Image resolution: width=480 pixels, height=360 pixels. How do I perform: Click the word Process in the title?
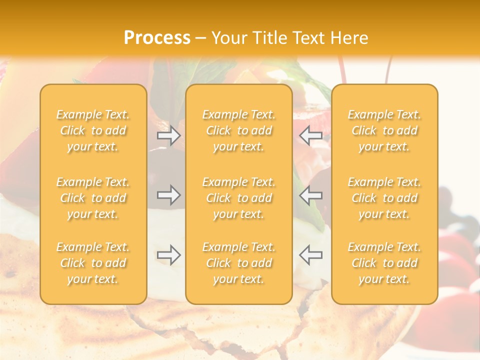pos(157,38)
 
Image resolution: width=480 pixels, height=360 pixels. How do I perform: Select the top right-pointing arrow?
pos(169,135)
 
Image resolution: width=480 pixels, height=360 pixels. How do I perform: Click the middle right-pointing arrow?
pos(169,194)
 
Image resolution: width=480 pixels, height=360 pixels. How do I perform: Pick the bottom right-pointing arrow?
pos(169,255)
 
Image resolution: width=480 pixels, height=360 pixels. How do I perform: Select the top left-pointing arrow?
pos(310,135)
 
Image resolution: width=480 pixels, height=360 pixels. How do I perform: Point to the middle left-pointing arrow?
pos(310,194)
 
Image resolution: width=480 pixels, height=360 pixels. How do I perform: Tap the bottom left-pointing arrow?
pos(310,255)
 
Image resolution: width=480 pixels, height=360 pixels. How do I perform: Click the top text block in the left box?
pos(93,130)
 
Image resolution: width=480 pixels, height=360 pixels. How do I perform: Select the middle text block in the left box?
pos(93,198)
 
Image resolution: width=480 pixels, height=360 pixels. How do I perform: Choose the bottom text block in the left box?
pos(93,263)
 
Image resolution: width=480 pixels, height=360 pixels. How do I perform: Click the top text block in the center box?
pos(239,130)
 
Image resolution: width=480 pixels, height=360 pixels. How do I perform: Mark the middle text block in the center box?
pos(239,198)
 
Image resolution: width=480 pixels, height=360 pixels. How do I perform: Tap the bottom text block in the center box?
pos(239,263)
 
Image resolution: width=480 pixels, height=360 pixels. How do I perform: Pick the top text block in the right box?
pos(384,130)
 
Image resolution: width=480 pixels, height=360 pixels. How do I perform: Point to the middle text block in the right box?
pos(384,198)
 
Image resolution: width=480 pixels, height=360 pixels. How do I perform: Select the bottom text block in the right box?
pos(384,263)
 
